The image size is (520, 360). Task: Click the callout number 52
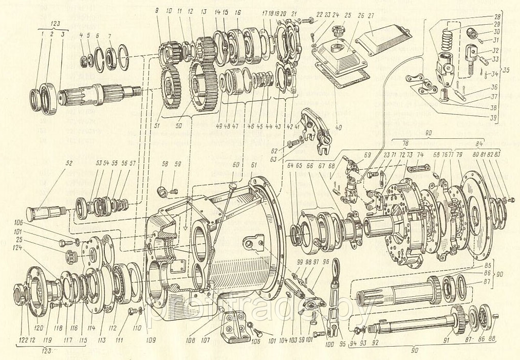pyautogui.click(x=69, y=164)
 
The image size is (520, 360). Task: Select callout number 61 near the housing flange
pyautogui.click(x=253, y=165)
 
